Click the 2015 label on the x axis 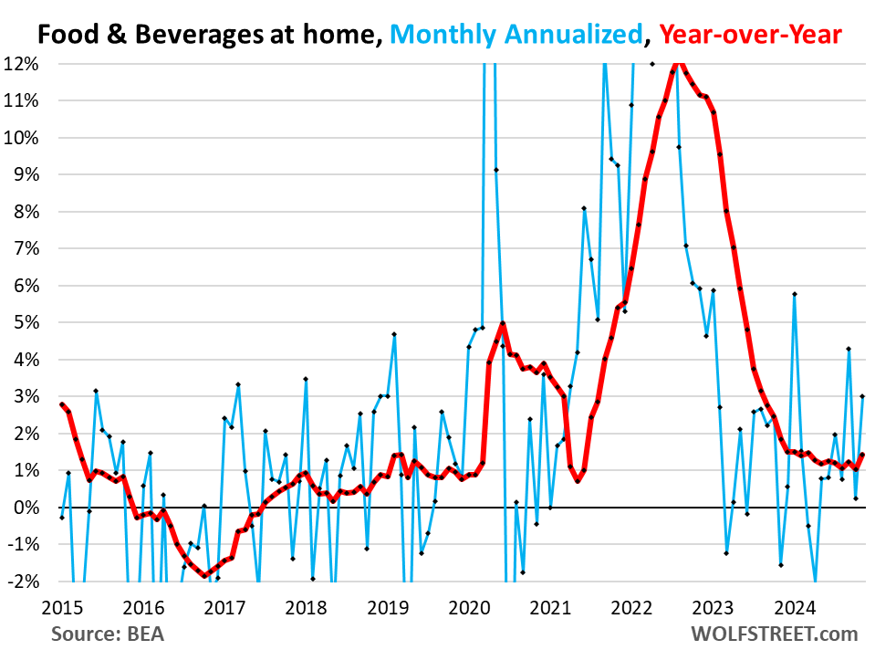click(61, 607)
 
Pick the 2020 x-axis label click(469, 607)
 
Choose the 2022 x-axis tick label click(631, 607)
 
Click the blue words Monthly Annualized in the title click(521, 36)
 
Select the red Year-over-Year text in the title click(751, 36)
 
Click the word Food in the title click(67, 36)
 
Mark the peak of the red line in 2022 click(678, 61)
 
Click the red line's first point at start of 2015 click(61, 404)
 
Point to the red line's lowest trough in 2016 click(204, 575)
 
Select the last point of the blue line click(862, 396)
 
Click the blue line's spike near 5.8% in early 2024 click(795, 294)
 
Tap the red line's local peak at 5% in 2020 click(503, 323)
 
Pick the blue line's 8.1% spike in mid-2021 click(584, 208)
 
